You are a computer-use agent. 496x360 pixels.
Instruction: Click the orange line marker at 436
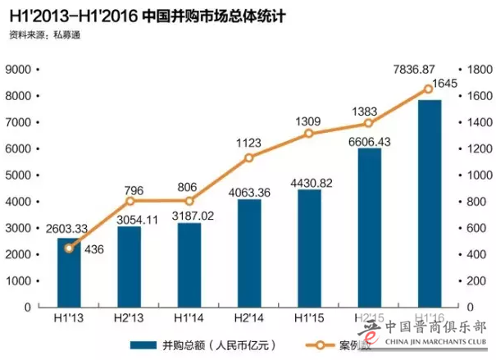[x=69, y=248]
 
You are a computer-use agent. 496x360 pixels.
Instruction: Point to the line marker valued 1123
[x=248, y=157]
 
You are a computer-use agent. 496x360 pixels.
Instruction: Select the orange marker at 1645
[x=428, y=89]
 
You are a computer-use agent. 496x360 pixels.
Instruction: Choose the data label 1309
[x=309, y=122]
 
